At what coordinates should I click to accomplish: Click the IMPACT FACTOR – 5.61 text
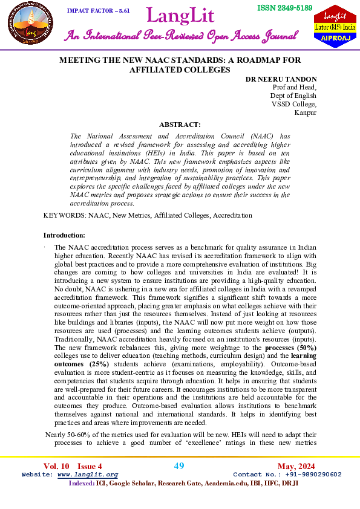pyautogui.click(x=98, y=11)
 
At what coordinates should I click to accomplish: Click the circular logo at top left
pyautogui.click(x=27, y=27)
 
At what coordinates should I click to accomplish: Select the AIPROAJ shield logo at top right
pyautogui.click(x=334, y=27)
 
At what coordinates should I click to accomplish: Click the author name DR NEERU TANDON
pyautogui.click(x=281, y=79)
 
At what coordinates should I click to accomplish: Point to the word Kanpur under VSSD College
pyautogui.click(x=306, y=112)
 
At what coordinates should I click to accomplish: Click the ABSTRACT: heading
pyautogui.click(x=180, y=124)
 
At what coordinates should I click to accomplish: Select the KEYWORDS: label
pyautogui.click(x=65, y=215)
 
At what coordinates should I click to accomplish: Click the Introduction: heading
pyautogui.click(x=65, y=235)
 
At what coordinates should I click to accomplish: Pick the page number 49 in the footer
pyautogui.click(x=179, y=465)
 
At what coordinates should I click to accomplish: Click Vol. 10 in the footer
pyautogui.click(x=56, y=466)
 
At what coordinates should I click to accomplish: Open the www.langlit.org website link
pyautogui.click(x=87, y=475)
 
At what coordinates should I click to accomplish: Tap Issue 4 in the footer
pyautogui.click(x=90, y=466)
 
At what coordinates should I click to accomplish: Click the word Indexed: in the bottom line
pyautogui.click(x=82, y=484)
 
